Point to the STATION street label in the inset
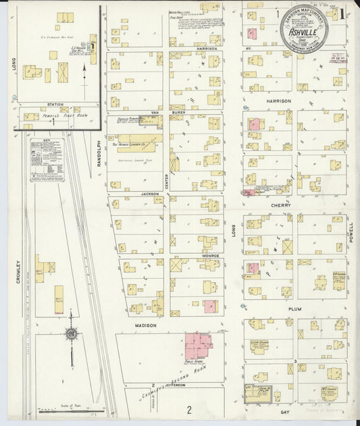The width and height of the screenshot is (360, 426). [x=55, y=105]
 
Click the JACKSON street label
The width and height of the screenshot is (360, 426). [x=149, y=194]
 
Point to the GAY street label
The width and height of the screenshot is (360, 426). [x=284, y=410]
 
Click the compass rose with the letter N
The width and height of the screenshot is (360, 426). [x=70, y=334]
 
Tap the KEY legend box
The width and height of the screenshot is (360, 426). [x=47, y=161]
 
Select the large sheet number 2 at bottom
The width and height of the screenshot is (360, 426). [x=190, y=409]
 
